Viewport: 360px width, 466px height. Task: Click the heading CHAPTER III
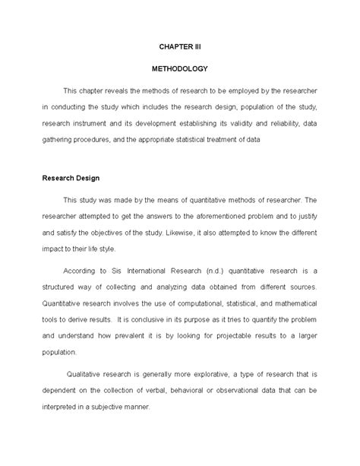pyautogui.click(x=180, y=46)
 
